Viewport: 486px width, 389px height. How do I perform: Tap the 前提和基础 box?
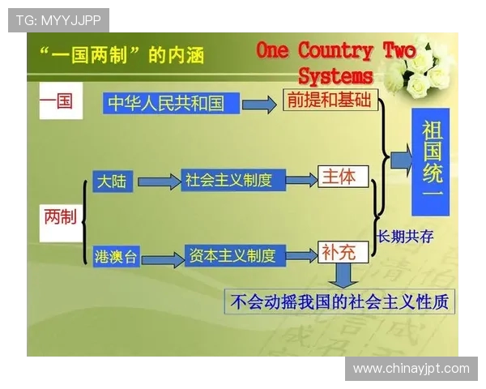(329, 100)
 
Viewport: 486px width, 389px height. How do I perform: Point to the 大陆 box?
(112, 181)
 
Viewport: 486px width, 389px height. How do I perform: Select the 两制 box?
(60, 216)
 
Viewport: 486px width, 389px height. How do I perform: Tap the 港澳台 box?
(116, 257)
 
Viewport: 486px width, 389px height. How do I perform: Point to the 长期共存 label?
(405, 236)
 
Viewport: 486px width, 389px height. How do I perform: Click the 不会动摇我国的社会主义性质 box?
(340, 301)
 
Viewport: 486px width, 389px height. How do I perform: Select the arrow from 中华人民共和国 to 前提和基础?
(259, 105)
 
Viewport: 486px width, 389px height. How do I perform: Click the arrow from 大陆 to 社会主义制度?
(158, 182)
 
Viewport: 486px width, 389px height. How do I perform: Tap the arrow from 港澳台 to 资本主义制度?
(163, 259)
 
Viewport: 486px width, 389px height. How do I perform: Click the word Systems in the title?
(335, 76)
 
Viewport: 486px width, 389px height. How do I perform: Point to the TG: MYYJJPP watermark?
(58, 20)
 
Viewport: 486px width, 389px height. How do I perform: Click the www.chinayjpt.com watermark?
(411, 369)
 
